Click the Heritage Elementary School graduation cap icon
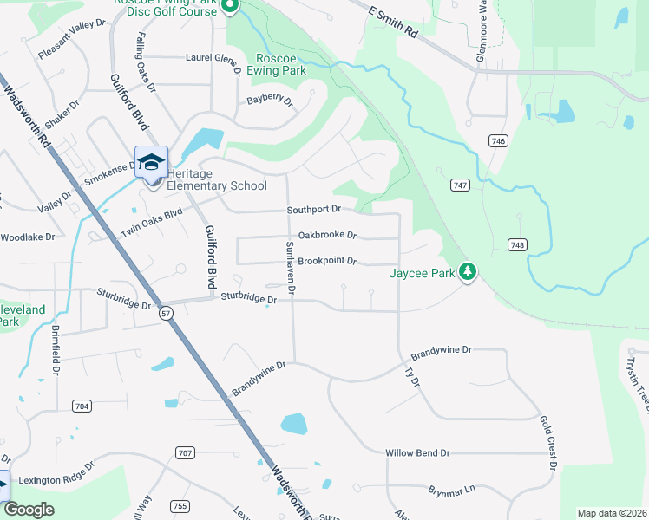(x=151, y=162)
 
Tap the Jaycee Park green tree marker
(x=468, y=272)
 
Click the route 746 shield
(x=497, y=141)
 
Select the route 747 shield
(x=460, y=185)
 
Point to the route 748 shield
(x=518, y=245)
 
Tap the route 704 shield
(x=82, y=406)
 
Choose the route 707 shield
(x=184, y=452)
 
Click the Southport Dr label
(x=314, y=210)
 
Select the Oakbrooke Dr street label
(x=327, y=235)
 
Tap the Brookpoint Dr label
(x=327, y=260)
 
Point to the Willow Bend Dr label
(x=417, y=452)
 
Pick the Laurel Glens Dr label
(x=213, y=59)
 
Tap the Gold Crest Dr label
(x=547, y=443)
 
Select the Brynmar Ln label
(x=452, y=491)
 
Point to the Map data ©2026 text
(x=612, y=513)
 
